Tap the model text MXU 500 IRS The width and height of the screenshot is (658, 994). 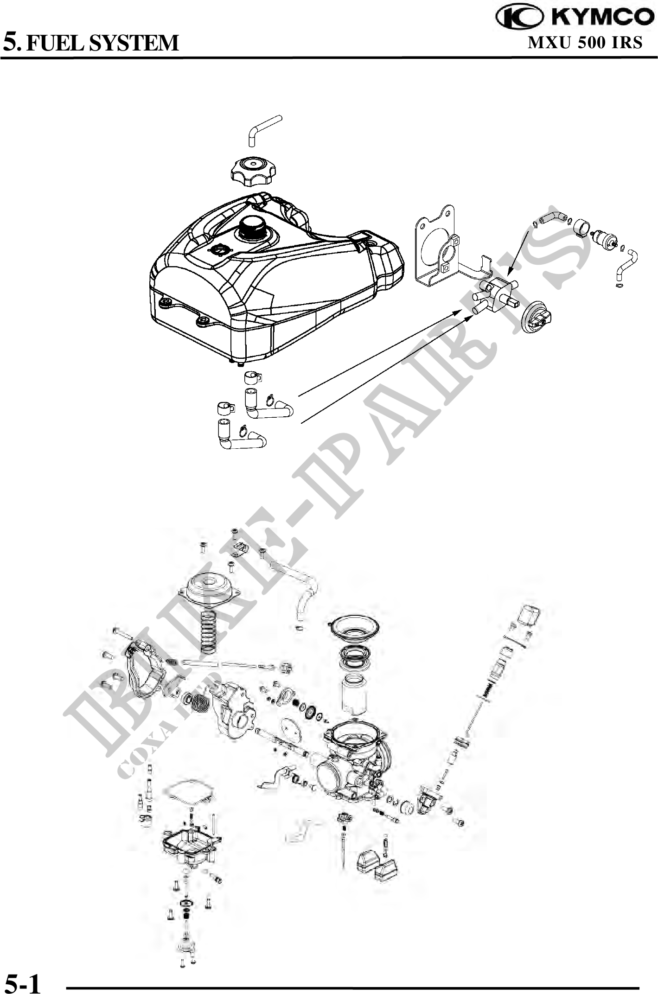[585, 43]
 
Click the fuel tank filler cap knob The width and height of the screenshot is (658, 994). [253, 170]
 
